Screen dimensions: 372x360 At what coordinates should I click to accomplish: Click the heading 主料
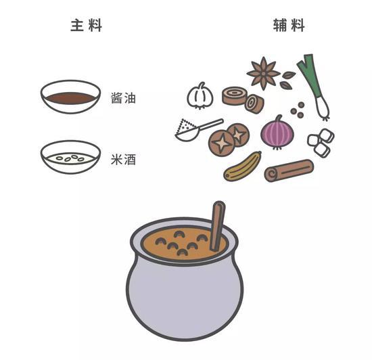pyautogui.click(x=87, y=25)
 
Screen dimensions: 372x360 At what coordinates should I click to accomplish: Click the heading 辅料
pyautogui.click(x=289, y=25)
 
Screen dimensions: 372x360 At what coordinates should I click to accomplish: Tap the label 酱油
pyautogui.click(x=123, y=97)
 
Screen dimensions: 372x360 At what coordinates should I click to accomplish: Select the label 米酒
pyautogui.click(x=123, y=159)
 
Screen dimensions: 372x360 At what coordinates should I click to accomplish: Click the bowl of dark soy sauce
pyautogui.click(x=70, y=97)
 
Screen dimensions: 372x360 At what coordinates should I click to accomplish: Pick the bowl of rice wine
pyautogui.click(x=70, y=158)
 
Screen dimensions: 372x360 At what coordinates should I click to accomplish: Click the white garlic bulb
pyautogui.click(x=200, y=96)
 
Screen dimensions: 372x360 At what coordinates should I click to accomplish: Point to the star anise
pyautogui.click(x=263, y=73)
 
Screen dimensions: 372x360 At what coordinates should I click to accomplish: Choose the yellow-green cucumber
pyautogui.click(x=242, y=166)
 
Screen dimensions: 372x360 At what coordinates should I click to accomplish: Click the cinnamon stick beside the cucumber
pyautogui.click(x=289, y=171)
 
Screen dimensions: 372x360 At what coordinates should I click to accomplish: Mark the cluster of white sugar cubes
pyautogui.click(x=321, y=143)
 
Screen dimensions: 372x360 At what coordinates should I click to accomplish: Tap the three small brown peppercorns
pyautogui.click(x=298, y=110)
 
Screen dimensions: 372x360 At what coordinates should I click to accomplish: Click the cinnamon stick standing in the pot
pyautogui.click(x=218, y=226)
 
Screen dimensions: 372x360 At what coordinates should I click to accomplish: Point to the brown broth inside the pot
pyautogui.click(x=181, y=243)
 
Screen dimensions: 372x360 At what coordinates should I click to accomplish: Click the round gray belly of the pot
pyautogui.click(x=185, y=296)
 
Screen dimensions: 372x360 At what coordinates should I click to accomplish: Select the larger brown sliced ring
pyautogui.click(x=235, y=95)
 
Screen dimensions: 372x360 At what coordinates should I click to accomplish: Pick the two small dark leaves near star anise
pyautogui.click(x=287, y=81)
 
